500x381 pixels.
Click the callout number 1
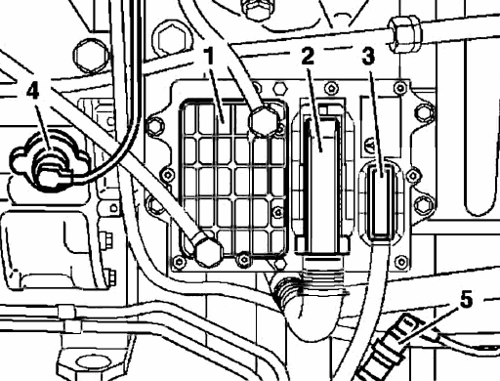pos(210,56)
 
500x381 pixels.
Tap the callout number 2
pos(308,56)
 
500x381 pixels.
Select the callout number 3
pos(368,56)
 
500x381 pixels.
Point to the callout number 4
pos(33,90)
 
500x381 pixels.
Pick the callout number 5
pos(466,300)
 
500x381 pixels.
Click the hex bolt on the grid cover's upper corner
pos(264,120)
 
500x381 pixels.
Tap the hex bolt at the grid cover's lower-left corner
pos(209,251)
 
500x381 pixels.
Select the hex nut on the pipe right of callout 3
pos(404,33)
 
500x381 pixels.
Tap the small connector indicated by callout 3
pos(381,202)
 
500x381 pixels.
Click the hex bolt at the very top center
pos(258,7)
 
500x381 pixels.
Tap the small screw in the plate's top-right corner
pos(400,87)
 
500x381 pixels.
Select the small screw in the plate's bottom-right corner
pos(401,261)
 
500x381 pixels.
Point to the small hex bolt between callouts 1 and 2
pos(279,88)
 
